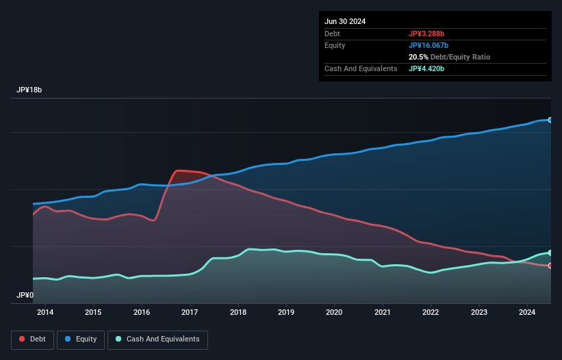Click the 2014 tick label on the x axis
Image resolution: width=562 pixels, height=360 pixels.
click(45, 313)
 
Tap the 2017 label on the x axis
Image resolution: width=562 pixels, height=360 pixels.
click(190, 313)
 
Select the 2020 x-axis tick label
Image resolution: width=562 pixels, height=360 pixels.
click(334, 313)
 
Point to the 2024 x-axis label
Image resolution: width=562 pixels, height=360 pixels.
click(527, 313)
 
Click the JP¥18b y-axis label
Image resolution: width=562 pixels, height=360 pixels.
click(31, 90)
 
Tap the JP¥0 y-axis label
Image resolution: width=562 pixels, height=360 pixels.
click(25, 296)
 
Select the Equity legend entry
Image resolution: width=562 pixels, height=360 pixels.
click(81, 339)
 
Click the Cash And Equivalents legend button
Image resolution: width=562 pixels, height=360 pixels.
click(157, 339)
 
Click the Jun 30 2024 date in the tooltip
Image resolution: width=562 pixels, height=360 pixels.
click(345, 21)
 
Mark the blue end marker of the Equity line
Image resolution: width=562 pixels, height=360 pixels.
click(550, 120)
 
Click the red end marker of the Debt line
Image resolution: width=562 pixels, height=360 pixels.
click(550, 266)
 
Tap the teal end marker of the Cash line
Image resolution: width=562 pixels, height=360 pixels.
click(550, 253)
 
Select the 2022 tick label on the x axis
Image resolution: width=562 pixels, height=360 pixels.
click(431, 313)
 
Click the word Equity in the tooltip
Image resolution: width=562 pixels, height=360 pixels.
click(335, 45)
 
